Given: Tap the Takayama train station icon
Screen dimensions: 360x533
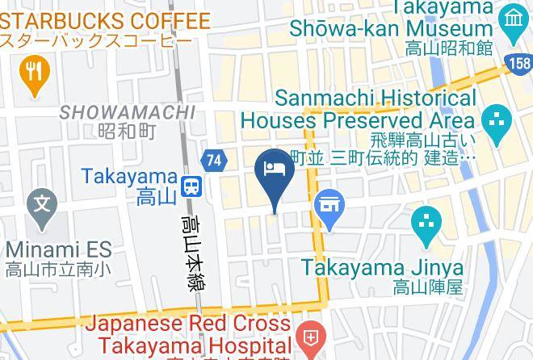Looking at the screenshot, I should pyautogui.click(x=191, y=186).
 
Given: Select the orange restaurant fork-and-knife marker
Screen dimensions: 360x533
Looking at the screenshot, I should pyautogui.click(x=33, y=73).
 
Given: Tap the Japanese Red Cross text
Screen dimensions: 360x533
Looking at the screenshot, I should pyautogui.click(x=187, y=324).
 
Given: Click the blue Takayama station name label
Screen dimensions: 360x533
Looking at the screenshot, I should pyautogui.click(x=129, y=175).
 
